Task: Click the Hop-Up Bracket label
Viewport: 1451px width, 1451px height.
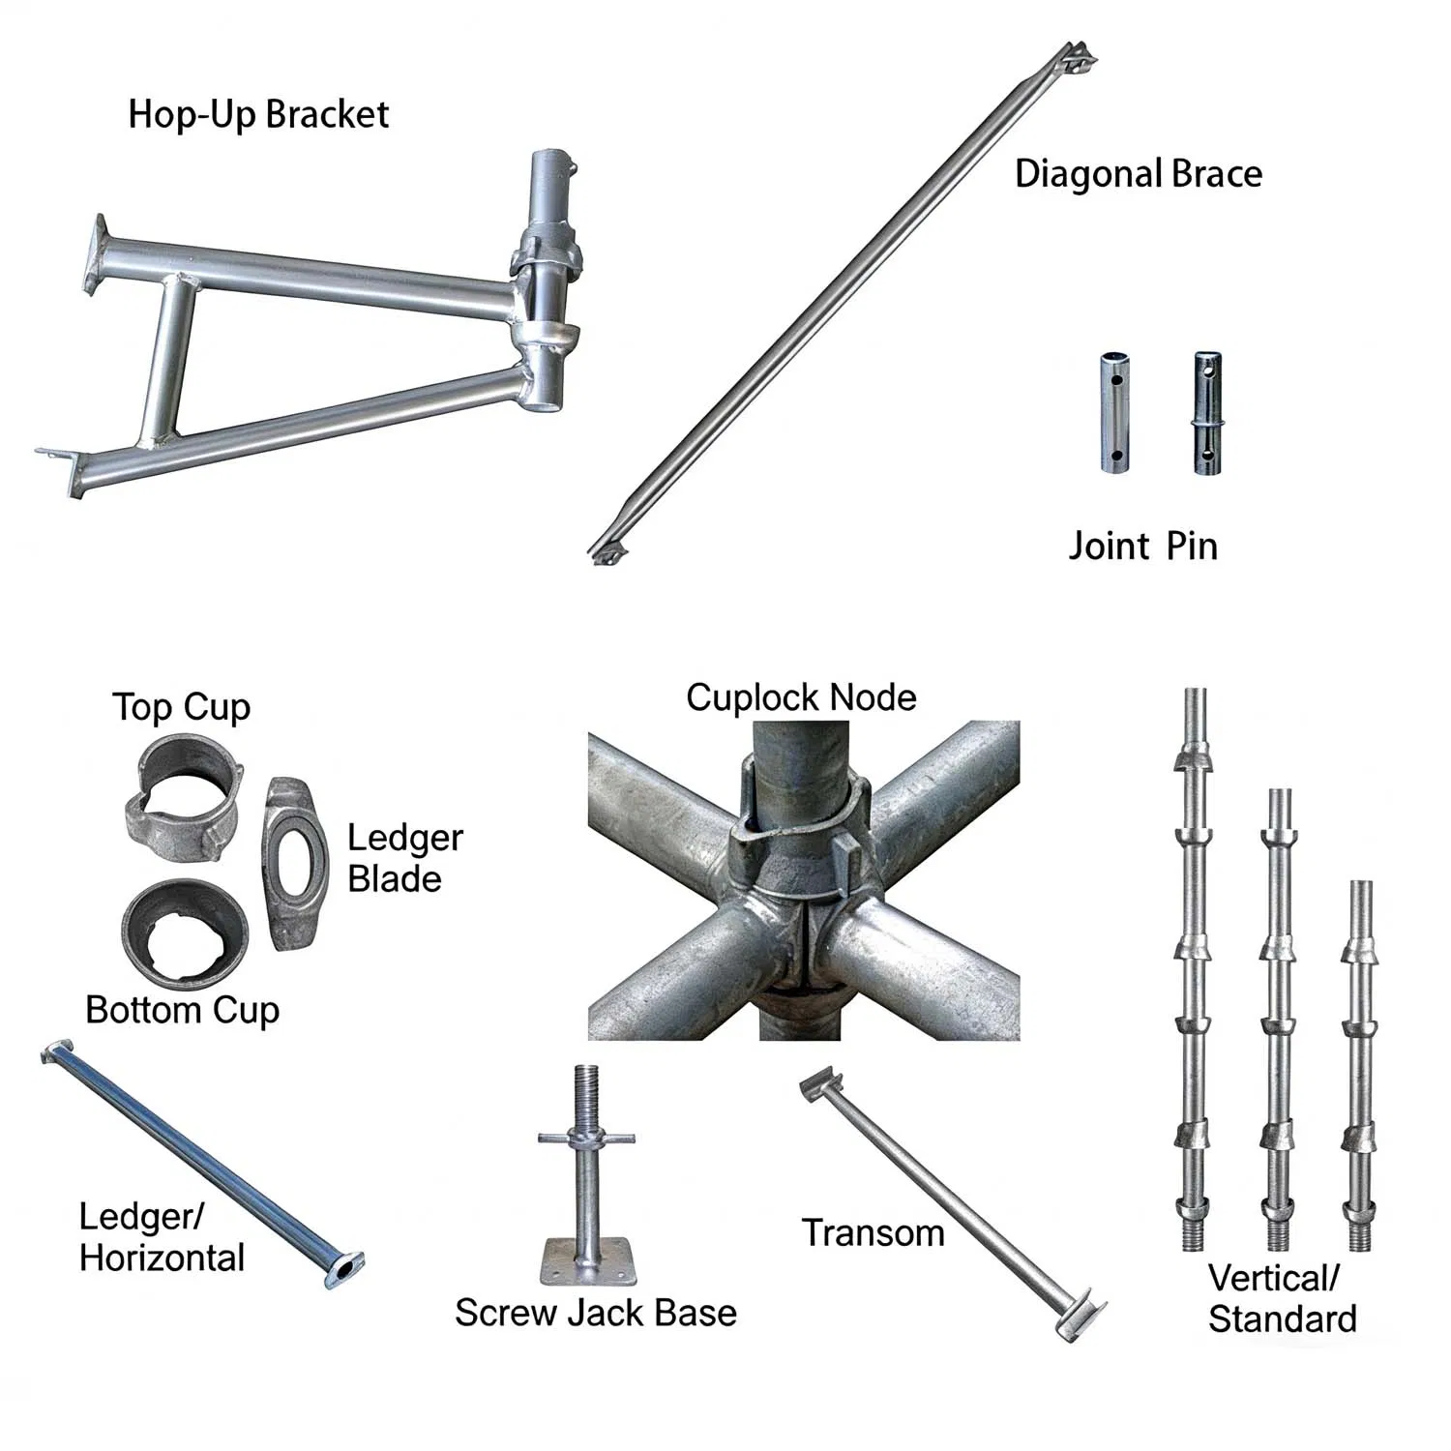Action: pyautogui.click(x=258, y=115)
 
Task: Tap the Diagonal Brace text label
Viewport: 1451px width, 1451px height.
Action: pyautogui.click(x=1138, y=174)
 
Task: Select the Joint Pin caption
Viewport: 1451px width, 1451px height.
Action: pyautogui.click(x=1141, y=547)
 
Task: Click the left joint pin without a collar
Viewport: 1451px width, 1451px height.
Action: pyautogui.click(x=1115, y=413)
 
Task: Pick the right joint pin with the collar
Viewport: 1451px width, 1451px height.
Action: pyautogui.click(x=1207, y=413)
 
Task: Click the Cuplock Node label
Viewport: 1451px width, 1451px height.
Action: pyautogui.click(x=801, y=697)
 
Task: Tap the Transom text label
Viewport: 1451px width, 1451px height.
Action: pyautogui.click(x=873, y=1233)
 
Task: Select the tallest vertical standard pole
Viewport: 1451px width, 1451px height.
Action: pyautogui.click(x=1195, y=967)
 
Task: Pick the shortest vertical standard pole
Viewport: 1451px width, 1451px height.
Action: pyautogui.click(x=1360, y=1064)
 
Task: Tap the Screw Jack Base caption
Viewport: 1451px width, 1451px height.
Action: pyautogui.click(x=595, y=1314)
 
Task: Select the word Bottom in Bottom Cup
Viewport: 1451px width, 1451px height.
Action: pyautogui.click(x=144, y=1010)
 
